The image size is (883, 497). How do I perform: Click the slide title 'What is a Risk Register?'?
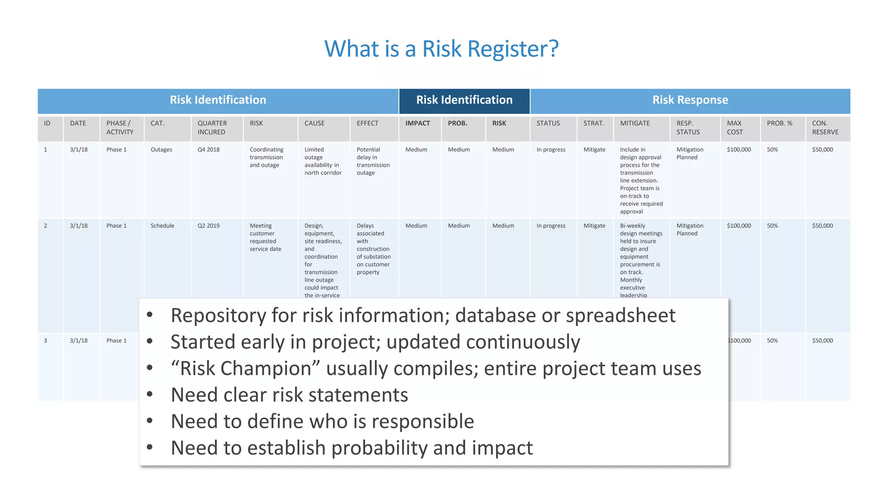point(441,49)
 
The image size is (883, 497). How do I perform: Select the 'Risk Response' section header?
point(690,100)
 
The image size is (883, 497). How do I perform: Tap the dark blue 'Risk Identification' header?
point(464,100)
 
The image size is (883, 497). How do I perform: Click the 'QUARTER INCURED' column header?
point(212,128)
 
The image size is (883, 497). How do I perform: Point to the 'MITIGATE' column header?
point(635,123)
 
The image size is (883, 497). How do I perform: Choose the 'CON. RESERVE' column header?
point(825,128)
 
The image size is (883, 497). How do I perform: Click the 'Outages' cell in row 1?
point(161,150)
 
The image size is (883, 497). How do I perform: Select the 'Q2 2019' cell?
point(209,226)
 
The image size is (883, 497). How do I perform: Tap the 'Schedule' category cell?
point(163,226)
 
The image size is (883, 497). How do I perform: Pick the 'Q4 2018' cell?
point(209,150)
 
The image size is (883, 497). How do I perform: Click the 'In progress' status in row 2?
point(551,226)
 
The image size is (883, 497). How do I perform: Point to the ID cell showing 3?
point(46,340)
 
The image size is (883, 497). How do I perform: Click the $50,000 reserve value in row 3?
point(822,340)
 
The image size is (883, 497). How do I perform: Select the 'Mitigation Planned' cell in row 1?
point(689,154)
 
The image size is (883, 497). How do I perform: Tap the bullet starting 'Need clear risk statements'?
point(289,395)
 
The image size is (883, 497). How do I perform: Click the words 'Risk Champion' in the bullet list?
point(245,368)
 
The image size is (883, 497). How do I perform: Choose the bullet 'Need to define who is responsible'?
point(322,422)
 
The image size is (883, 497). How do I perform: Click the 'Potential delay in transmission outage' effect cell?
point(373,161)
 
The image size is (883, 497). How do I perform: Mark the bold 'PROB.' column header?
point(457,123)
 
